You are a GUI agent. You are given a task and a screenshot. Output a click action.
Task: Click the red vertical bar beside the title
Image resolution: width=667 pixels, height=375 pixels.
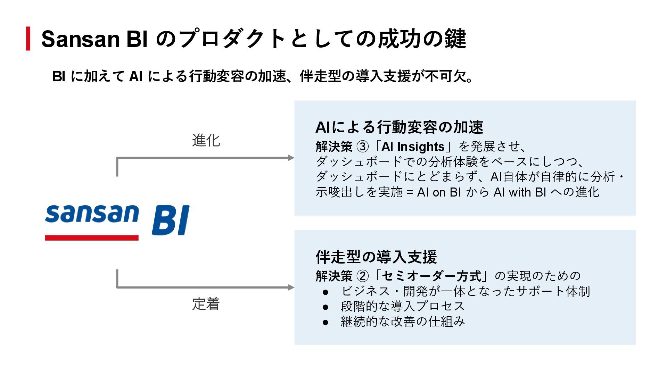point(28,39)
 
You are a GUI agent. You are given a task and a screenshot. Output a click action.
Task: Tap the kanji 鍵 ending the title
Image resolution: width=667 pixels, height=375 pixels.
point(455,39)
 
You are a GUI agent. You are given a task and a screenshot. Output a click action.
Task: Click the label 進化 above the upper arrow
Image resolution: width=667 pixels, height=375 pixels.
point(206,140)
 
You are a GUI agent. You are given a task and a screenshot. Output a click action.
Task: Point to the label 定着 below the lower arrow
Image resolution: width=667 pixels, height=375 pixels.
point(206,304)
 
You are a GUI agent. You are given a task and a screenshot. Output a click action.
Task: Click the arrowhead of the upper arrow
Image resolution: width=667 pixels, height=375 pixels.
point(291,158)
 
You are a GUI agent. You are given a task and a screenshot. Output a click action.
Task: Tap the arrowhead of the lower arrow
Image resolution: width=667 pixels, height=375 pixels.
point(291,287)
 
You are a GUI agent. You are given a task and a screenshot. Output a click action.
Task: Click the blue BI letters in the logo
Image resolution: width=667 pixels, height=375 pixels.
point(171,220)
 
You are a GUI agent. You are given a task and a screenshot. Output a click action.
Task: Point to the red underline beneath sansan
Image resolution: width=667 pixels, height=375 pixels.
point(92,238)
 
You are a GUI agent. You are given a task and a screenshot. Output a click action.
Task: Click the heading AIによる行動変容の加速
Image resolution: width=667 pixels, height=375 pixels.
point(399,127)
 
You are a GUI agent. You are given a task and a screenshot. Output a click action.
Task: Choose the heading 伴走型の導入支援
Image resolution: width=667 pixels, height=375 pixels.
point(376,257)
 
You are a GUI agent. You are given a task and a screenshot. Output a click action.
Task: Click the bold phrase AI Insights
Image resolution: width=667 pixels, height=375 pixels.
point(413,147)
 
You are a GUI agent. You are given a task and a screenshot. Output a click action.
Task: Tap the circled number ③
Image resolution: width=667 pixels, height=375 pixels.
point(363,147)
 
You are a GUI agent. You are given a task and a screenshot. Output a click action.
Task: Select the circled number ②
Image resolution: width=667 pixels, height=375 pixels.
point(363,276)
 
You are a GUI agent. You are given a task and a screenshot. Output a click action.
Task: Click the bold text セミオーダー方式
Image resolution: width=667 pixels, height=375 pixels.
point(432,276)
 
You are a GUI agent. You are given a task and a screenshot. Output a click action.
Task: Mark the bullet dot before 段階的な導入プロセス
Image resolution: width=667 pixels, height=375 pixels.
point(326,307)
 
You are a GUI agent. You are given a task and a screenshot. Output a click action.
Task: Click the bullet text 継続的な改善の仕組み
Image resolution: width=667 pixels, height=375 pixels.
point(403,322)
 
